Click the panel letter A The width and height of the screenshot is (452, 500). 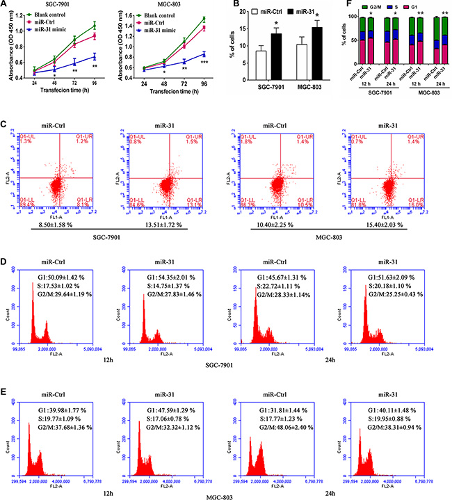(x=4, y=5)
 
